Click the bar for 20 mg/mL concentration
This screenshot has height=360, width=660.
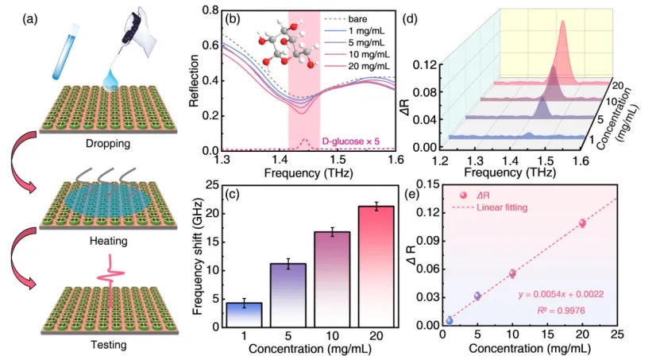376,266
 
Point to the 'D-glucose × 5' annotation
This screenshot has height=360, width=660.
353,141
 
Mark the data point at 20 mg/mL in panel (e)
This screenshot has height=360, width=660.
582,223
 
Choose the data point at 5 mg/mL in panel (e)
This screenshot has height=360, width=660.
477,296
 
